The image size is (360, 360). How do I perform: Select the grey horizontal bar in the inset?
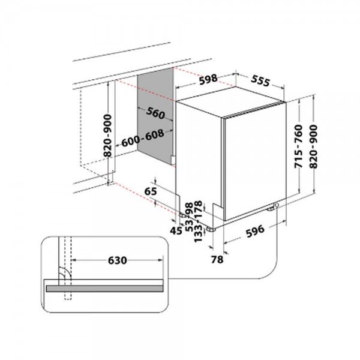pyautogui.click(x=106, y=287)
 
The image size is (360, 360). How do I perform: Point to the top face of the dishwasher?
pyautogui.click(x=231, y=98)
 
